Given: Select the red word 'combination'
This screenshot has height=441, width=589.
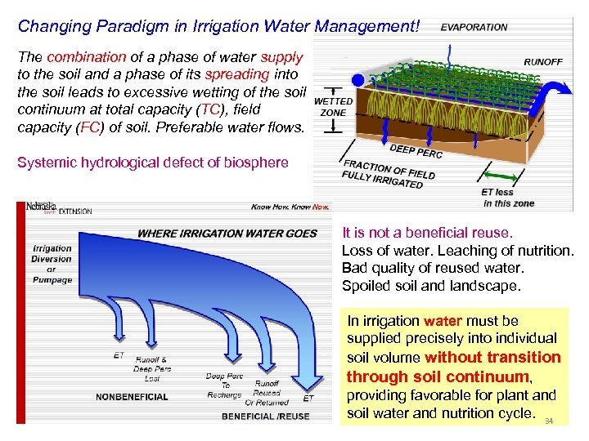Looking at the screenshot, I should [86, 58].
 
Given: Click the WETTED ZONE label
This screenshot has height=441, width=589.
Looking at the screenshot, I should [332, 107].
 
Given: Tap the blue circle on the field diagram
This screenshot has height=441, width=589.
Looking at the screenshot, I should [357, 80].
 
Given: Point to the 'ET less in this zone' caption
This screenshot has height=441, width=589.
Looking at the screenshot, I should [507, 198].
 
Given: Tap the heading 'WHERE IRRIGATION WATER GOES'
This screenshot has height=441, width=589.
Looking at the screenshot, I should [227, 234].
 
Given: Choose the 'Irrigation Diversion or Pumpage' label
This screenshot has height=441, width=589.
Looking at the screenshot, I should [52, 264].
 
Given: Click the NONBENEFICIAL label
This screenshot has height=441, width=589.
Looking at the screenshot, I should [132, 397].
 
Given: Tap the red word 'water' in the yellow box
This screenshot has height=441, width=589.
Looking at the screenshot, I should [443, 321].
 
